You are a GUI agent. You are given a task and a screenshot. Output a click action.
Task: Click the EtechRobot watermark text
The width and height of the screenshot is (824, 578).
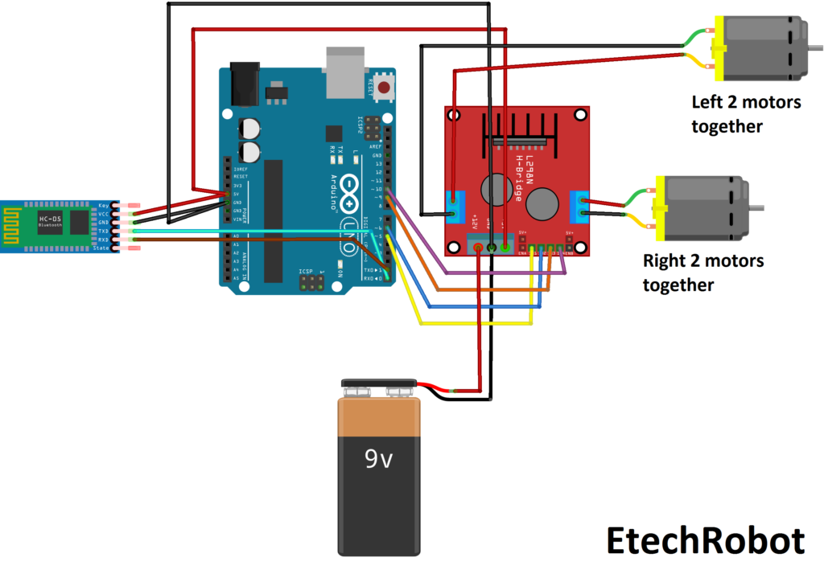coord(705,541)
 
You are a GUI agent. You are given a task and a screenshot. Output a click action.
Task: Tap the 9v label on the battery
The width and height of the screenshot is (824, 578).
coord(378,459)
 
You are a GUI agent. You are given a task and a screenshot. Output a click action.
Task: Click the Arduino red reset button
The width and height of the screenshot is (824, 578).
coord(385,87)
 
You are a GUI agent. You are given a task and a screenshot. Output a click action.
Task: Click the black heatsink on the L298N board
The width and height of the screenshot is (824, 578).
coord(518,129)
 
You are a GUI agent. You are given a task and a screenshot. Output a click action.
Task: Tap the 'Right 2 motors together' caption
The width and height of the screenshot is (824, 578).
coord(702,273)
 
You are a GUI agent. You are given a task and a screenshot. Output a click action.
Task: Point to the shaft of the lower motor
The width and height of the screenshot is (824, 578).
coord(760,209)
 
